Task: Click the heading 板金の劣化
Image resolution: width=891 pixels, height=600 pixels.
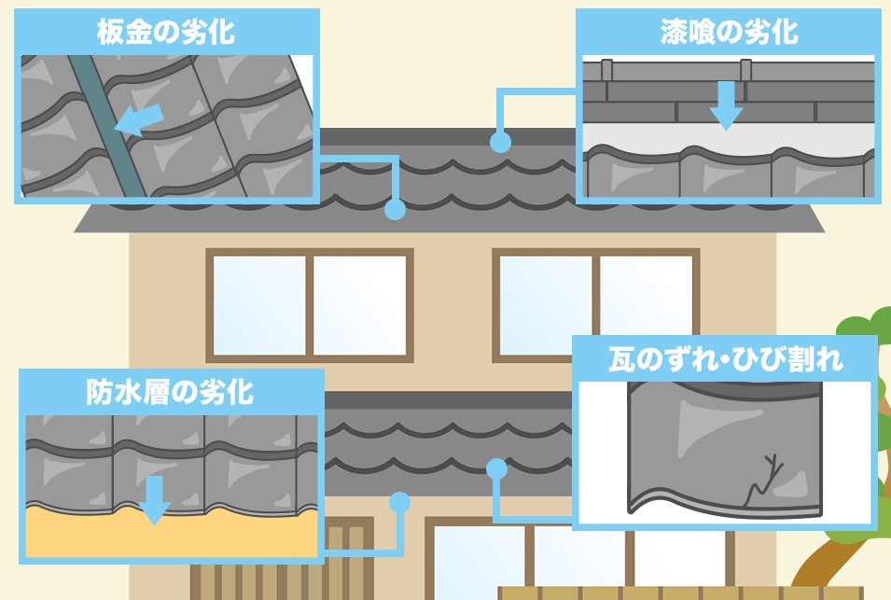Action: tap(166, 32)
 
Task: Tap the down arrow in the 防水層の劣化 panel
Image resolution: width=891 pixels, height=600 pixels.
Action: tap(155, 501)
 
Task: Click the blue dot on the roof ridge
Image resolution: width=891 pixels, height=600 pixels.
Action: tap(500, 143)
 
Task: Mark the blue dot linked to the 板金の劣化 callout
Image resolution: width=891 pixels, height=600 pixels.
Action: tap(395, 210)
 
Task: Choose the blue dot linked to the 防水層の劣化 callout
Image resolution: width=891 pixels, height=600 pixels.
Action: tap(399, 502)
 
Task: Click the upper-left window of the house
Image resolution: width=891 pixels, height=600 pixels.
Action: tap(309, 304)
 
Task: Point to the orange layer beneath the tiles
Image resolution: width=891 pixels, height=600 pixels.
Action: tap(168, 537)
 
